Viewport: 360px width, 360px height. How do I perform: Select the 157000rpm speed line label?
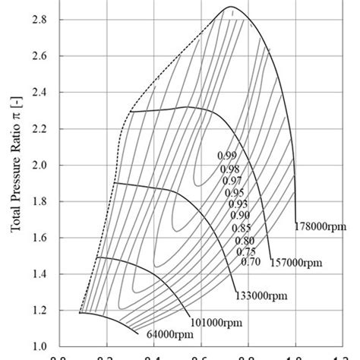coord(297,263)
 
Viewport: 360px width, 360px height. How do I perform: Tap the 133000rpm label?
coord(260,297)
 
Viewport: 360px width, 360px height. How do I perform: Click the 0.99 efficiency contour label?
coord(226,156)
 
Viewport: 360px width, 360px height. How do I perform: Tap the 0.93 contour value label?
coord(238,204)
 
